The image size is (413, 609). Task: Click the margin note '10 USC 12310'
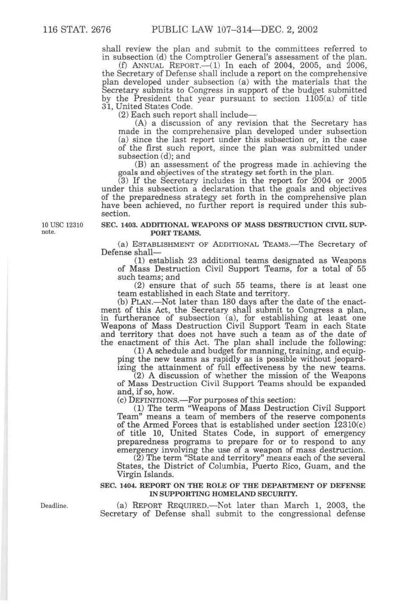pos(62,225)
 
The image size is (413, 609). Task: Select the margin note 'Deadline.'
pos(54,506)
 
